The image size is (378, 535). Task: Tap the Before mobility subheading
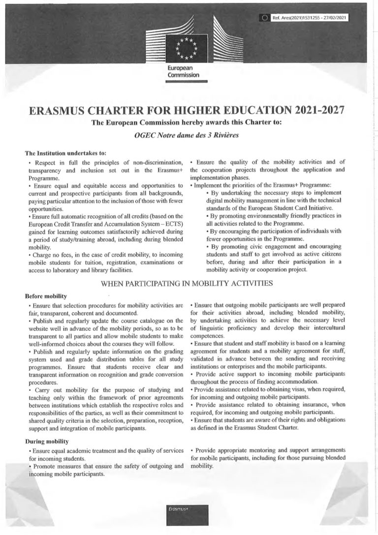pos(46,296)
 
